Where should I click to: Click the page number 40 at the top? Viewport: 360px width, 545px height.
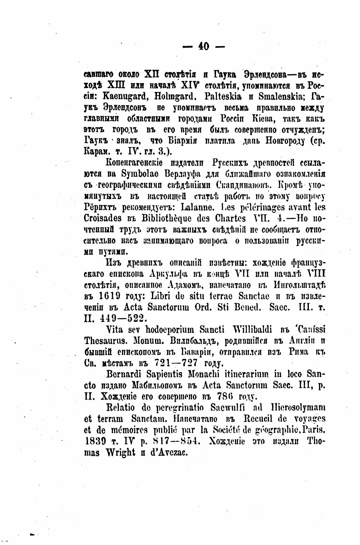point(204,47)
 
